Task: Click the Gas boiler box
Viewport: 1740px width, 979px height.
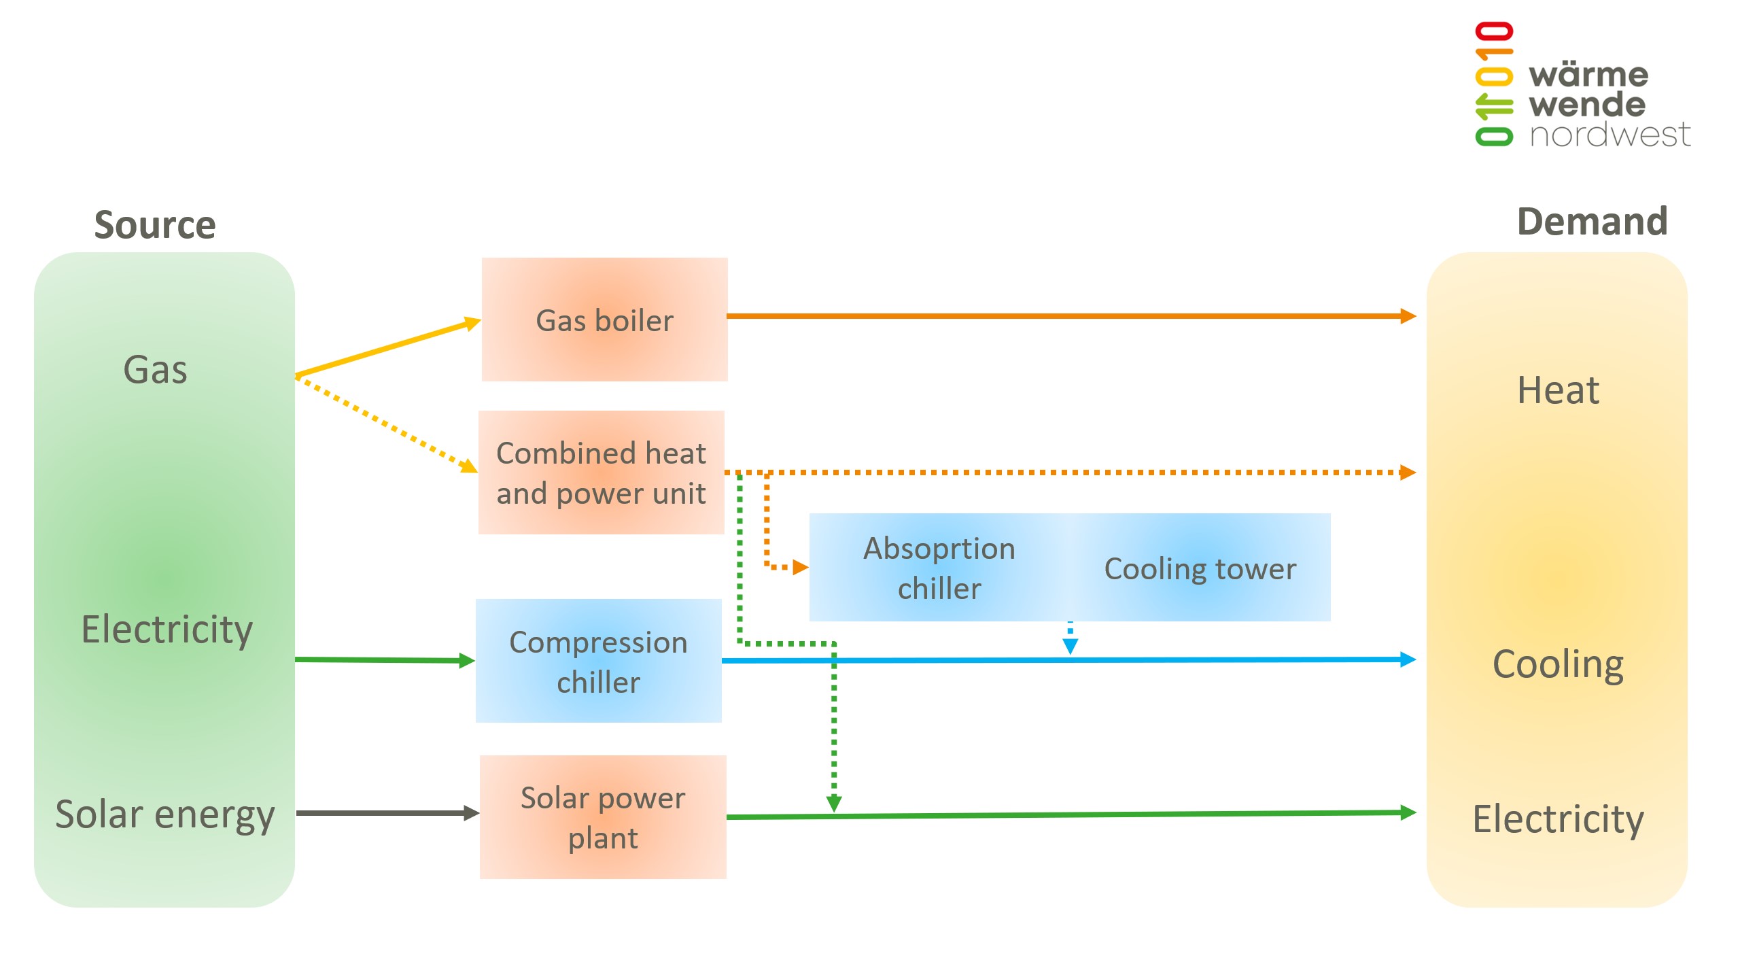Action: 604,320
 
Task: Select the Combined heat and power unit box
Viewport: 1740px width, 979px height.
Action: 602,473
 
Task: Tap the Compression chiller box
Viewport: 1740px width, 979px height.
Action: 598,661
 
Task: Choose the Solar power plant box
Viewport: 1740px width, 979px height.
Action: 603,817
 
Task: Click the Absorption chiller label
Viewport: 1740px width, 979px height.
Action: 939,568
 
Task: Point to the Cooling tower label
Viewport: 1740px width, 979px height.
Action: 1200,568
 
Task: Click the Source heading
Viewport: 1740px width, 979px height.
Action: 155,225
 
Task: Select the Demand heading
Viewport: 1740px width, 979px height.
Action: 1592,222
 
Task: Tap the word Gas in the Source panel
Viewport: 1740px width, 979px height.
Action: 155,370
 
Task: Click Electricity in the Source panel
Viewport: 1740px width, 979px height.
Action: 167,629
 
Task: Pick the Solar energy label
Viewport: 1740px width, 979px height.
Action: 165,814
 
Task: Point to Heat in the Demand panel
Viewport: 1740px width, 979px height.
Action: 1558,390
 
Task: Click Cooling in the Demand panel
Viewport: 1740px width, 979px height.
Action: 1558,664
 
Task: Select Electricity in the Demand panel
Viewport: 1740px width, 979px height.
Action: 1558,819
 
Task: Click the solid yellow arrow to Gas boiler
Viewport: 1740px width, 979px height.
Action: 387,347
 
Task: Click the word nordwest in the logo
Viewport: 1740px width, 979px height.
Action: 1609,135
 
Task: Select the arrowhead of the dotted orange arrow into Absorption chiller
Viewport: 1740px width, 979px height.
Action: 800,567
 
